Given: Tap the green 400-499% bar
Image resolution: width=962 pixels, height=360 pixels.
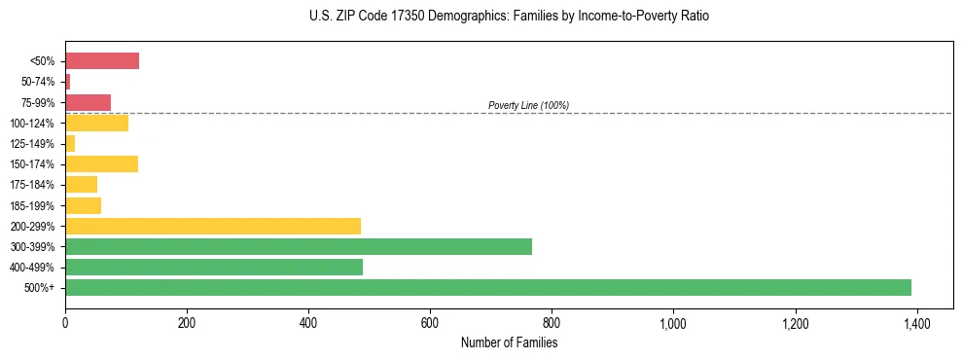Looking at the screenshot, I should point(214,267).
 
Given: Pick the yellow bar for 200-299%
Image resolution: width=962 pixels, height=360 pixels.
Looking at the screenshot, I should point(213,226).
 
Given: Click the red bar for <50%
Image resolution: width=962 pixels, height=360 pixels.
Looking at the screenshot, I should point(102,61).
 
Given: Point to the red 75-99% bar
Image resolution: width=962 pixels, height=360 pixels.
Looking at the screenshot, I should point(89,102).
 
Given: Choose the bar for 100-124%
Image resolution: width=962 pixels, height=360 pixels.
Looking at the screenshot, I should point(96,123).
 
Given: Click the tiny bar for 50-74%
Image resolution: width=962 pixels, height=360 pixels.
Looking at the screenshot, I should point(68,82).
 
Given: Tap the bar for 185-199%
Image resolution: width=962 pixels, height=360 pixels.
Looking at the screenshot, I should point(83,205).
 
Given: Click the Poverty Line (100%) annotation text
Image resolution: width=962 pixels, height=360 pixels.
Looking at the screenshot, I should point(528,105).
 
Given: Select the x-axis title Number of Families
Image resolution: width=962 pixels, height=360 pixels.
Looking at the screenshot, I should point(509,342).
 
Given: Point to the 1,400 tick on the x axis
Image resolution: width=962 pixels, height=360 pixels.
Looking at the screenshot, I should point(916,322).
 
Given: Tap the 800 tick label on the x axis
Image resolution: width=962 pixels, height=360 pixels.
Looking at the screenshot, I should point(552,322).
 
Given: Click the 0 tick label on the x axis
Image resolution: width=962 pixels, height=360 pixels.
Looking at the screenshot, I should point(65,322).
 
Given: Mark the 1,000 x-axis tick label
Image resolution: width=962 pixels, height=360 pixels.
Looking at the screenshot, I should point(673,322).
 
